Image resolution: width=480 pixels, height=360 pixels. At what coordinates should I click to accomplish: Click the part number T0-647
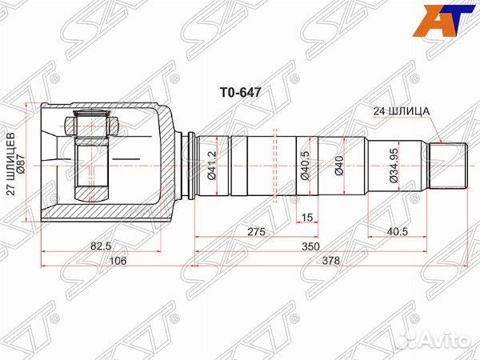click(235, 92)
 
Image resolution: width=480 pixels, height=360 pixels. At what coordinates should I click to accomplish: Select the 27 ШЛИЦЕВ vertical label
click(10, 163)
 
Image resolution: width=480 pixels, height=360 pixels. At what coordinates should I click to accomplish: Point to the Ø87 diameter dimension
click(22, 163)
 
